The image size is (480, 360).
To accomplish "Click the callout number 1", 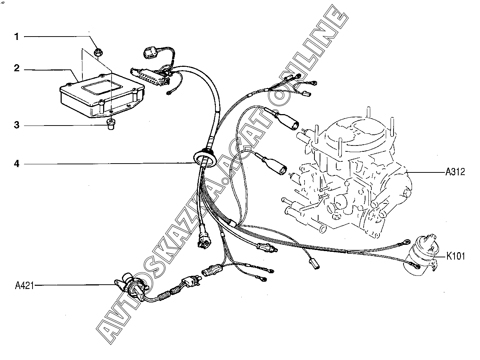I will point(16,36).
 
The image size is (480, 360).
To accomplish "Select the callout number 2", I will point(16,69).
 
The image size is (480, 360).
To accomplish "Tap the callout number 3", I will point(16,125).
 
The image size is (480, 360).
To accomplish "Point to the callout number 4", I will point(16,163).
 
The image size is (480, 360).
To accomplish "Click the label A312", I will point(455,172).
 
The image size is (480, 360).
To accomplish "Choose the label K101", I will point(455,256).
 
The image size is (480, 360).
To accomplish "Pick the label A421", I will point(24,285).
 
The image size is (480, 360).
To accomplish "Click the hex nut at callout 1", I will point(98,52).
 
